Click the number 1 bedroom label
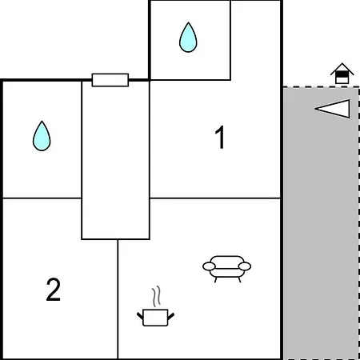coord(220,137)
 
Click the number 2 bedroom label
coord(54,290)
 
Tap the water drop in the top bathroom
coord(188,38)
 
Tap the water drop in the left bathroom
coord(42,136)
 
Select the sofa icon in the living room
coord(226,269)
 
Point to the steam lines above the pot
coord(157,296)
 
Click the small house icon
coord(342,74)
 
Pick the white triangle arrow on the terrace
coord(333,109)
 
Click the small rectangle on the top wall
coord(110,80)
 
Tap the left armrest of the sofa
coord(209,266)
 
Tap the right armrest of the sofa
coord(245,266)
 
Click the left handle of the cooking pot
coord(140,316)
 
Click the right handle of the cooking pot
coord(171,316)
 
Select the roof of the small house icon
coord(342,68)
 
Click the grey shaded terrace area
coord(321,223)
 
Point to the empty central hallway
coord(115,160)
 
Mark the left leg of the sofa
coord(215,280)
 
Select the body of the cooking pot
coord(155,318)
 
